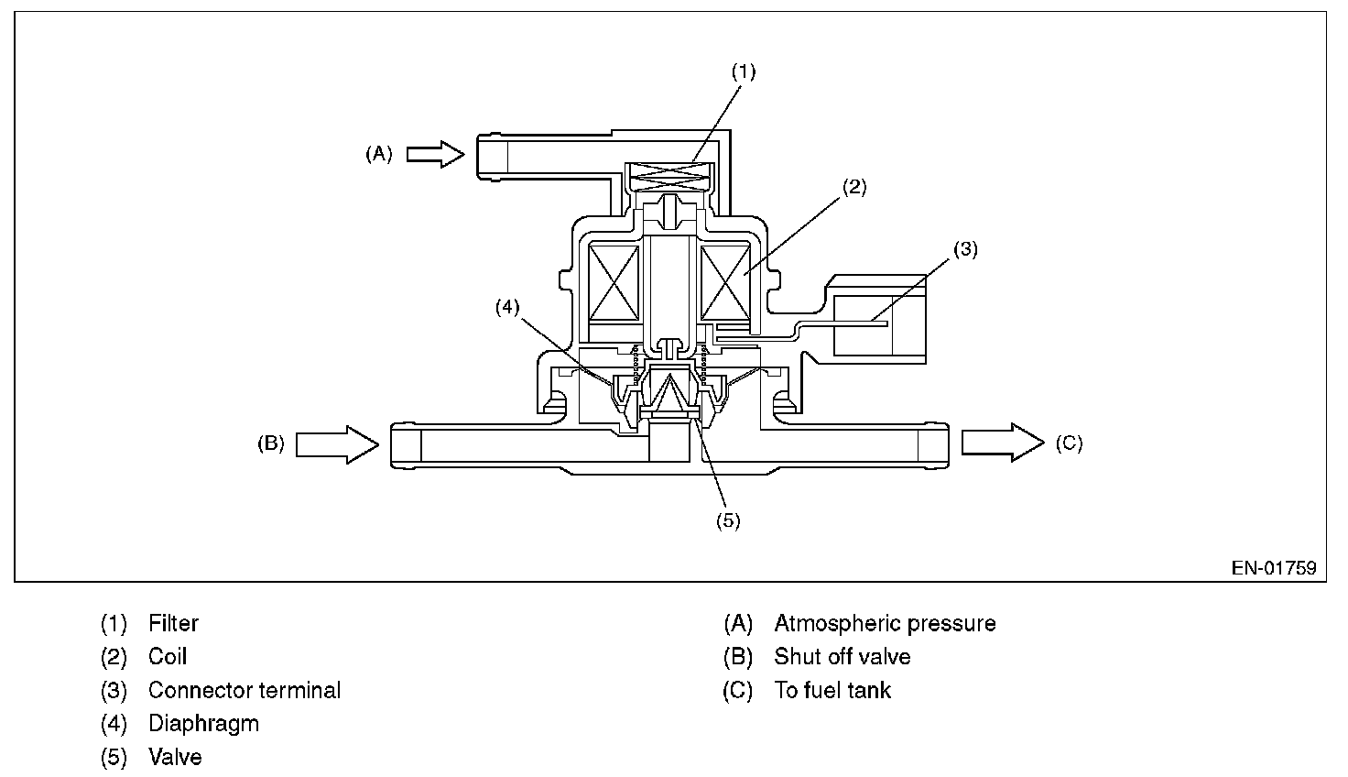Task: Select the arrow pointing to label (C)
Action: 1002,443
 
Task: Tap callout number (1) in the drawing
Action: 743,72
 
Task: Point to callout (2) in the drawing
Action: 853,188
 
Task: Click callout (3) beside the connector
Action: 965,249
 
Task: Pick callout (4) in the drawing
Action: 507,308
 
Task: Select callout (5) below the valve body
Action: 727,520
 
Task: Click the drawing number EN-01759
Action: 1273,568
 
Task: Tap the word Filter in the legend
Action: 173,624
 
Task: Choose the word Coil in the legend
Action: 168,657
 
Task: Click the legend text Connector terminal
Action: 245,690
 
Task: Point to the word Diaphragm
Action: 203,724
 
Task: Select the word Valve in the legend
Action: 175,758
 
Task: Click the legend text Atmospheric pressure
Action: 885,624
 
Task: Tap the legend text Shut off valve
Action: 842,657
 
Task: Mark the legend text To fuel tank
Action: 832,690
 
